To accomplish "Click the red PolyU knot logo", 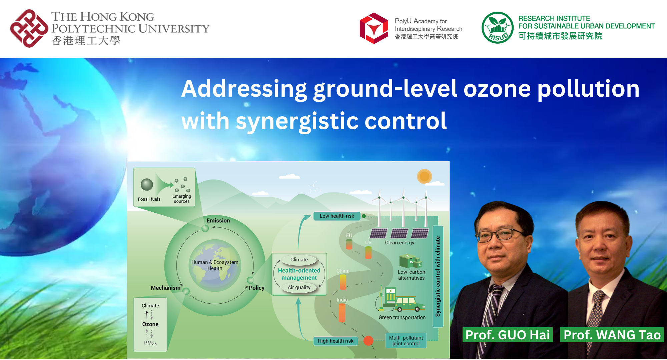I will tap(29, 29).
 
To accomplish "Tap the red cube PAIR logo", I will tap(374, 29).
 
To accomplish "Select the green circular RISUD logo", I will tap(497, 28).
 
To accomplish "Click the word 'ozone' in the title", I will tap(497, 89).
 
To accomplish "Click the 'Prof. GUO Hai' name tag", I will tap(507, 335).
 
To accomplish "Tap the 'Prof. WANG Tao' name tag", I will tap(612, 335).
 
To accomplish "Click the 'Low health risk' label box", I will tap(337, 216).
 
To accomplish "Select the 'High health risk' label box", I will tap(336, 341).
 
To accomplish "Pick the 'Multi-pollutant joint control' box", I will tap(406, 340).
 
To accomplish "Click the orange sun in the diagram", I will tap(424, 176).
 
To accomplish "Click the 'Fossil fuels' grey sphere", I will tap(147, 184).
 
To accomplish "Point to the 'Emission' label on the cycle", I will tap(218, 220).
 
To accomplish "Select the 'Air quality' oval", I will tap(299, 287).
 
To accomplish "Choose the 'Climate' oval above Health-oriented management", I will tap(299, 260).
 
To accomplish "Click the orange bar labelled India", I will tap(342, 312).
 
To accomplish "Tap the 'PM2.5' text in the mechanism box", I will tap(150, 343).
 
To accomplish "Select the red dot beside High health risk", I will tap(368, 340).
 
